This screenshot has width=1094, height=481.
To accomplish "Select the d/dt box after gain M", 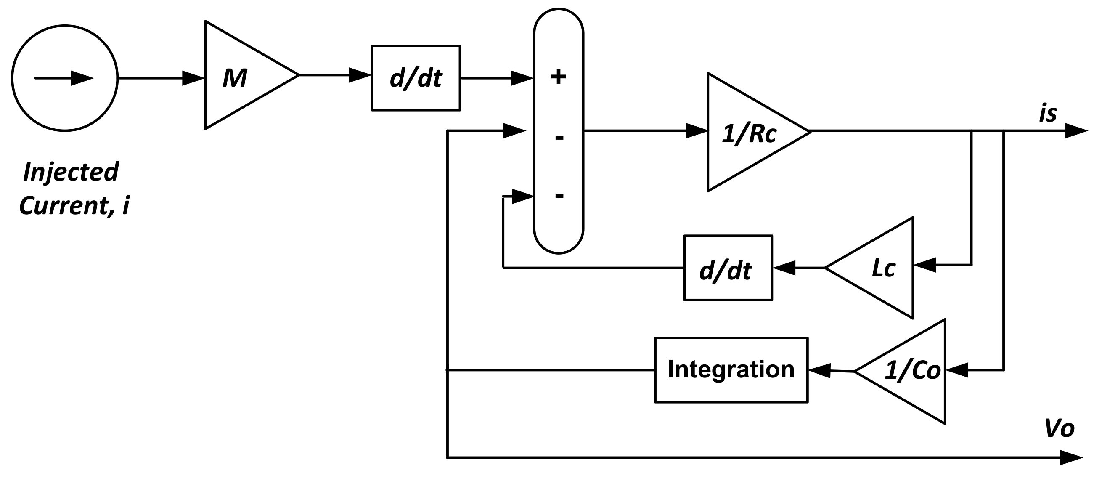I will (416, 78).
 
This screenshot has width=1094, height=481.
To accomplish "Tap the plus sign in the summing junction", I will (559, 77).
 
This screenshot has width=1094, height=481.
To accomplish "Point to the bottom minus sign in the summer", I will (559, 196).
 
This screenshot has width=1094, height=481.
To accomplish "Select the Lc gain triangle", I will (879, 268).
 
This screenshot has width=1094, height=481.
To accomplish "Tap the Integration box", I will (731, 369).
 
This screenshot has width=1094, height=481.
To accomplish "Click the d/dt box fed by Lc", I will (728, 268).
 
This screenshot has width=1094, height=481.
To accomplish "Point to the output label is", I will (1048, 114).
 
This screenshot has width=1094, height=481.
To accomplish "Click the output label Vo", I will (1059, 428).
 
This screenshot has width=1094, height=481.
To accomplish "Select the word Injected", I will (71, 172).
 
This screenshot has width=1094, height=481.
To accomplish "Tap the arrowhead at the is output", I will (1076, 131).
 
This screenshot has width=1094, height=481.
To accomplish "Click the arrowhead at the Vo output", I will (1071, 457).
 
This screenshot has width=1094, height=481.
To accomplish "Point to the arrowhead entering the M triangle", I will (193, 78).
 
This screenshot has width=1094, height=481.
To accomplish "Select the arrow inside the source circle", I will (64, 78).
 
